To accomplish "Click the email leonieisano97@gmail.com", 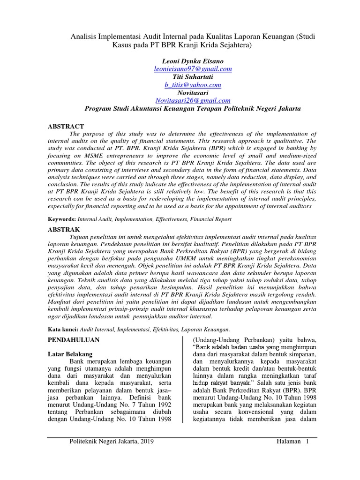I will click(x=193, y=69).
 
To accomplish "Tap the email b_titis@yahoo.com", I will click(x=193, y=85).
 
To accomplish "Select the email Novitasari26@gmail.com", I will click(x=193, y=100).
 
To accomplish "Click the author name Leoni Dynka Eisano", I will click(x=193, y=61).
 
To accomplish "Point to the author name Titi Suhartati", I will click(x=193, y=77).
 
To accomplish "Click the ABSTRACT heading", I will click(x=66, y=127).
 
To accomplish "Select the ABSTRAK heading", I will click(x=65, y=229).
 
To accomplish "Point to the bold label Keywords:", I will click(x=62, y=219).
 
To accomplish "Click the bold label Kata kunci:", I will click(x=63, y=330).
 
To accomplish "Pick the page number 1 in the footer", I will click(x=307, y=442).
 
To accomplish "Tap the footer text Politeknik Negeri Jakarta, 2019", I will click(x=111, y=442).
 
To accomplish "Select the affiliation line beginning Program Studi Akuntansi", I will click(x=193, y=108).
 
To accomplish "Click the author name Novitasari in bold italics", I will click(x=193, y=93).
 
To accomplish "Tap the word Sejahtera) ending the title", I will click(x=235, y=45).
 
